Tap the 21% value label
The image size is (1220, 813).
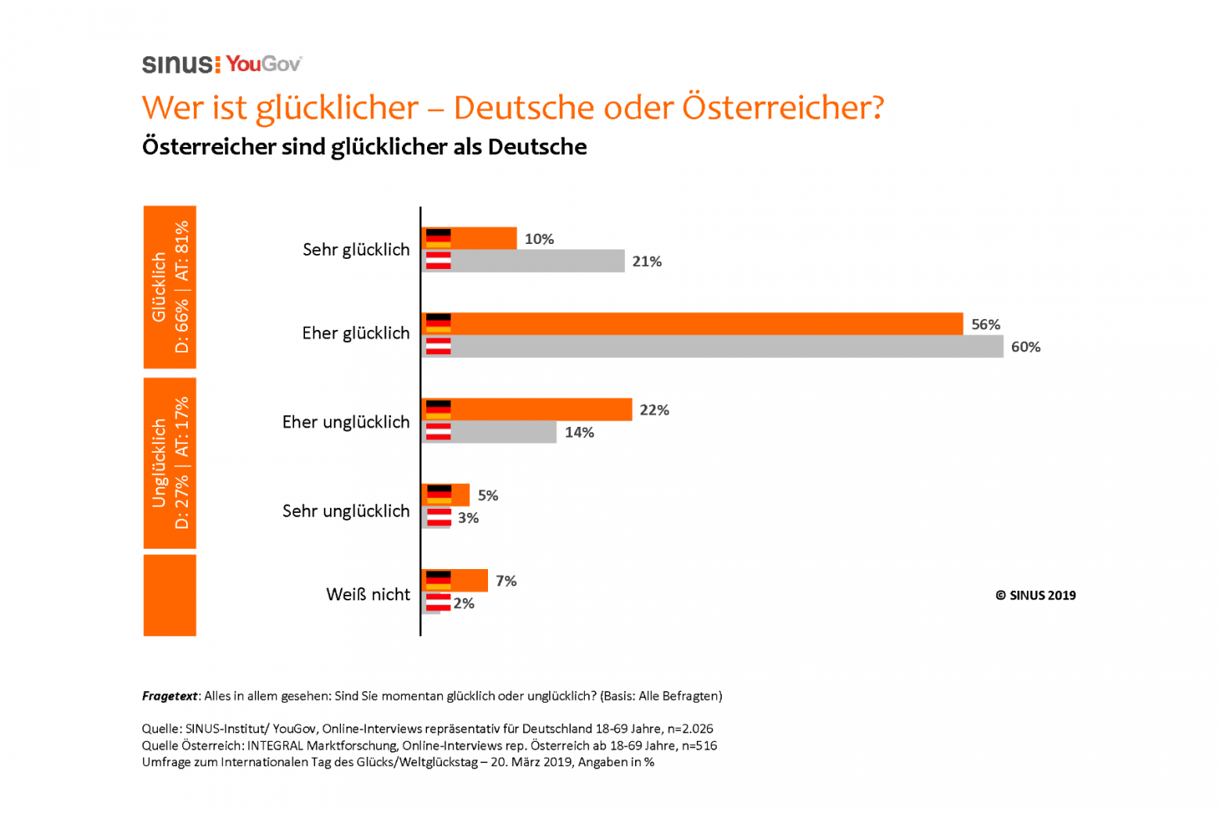point(647,261)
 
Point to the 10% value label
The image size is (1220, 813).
point(539,238)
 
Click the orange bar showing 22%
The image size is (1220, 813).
point(540,410)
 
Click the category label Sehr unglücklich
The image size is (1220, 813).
point(346,510)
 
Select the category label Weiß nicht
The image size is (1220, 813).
point(368,594)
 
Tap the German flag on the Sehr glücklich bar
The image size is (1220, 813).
point(438,238)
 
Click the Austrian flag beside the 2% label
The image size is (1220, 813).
point(438,603)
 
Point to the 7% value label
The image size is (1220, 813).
point(506,581)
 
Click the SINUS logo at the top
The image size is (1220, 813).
point(181,64)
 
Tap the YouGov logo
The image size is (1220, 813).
point(264,64)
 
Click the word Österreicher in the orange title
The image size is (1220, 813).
point(782,108)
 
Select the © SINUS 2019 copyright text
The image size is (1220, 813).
point(1035,595)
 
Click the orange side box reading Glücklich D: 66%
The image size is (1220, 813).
point(170,287)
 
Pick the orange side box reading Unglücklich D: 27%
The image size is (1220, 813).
point(170,463)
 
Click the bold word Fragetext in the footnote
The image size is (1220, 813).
point(170,696)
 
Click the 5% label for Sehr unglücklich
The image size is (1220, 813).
point(488,496)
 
